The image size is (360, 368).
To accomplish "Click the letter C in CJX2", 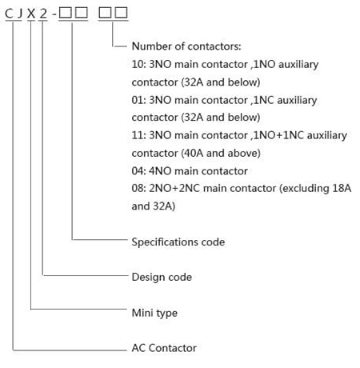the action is (9, 14).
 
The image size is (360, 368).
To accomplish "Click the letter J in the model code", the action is (19, 14).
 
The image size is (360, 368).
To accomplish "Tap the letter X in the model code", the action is (31, 14).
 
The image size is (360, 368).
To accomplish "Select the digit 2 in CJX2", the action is (43, 14).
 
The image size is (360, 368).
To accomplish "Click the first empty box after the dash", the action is (66, 13).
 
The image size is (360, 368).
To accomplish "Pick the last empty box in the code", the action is (121, 13).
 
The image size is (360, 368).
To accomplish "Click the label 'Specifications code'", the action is (178, 242).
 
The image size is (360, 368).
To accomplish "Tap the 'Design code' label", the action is (162, 277).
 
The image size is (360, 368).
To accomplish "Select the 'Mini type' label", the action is (154, 313).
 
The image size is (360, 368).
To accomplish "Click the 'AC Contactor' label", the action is (164, 348).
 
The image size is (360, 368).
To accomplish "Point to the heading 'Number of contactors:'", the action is (186, 46).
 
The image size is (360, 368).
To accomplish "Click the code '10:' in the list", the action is (138, 64).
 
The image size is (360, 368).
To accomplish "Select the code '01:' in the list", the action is (138, 100).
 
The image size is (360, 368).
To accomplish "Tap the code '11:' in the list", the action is (138, 135).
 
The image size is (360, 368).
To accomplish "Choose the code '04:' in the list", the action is (138, 171).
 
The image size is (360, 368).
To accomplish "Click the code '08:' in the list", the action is (138, 188).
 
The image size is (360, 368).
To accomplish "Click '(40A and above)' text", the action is (221, 153).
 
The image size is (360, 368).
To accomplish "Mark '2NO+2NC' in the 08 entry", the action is (174, 188).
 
